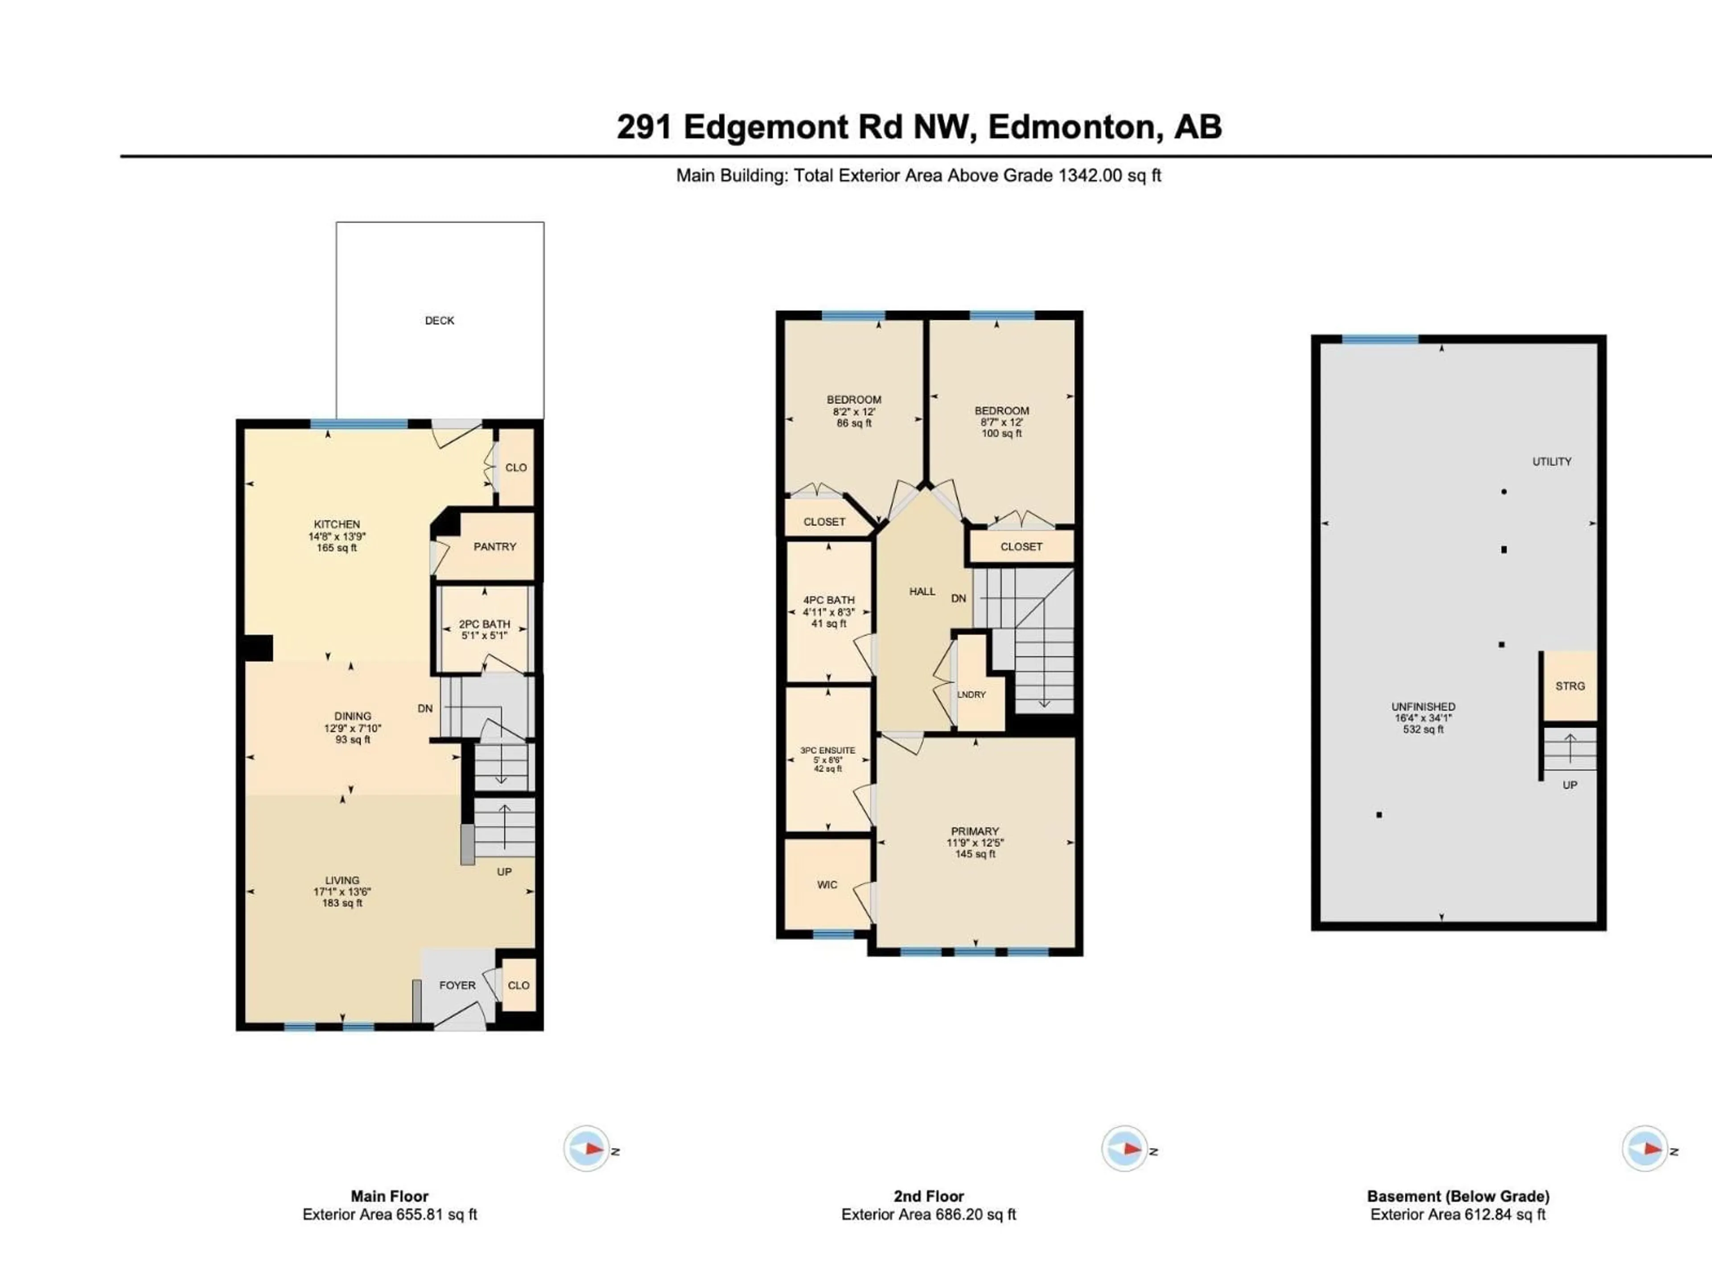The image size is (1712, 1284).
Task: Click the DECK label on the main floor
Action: (439, 321)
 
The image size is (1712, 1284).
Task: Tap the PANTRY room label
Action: (494, 547)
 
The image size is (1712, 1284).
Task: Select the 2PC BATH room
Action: (485, 629)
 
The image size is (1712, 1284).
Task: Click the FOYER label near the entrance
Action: (457, 985)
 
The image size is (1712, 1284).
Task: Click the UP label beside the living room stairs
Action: (504, 872)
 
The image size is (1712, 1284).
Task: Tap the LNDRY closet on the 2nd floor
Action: (971, 694)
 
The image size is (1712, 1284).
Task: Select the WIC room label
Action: (827, 885)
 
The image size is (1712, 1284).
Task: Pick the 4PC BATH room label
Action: (828, 600)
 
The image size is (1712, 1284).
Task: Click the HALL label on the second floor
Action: (922, 591)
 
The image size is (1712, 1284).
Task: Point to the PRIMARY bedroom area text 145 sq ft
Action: (975, 855)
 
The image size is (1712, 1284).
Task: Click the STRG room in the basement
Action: (1570, 686)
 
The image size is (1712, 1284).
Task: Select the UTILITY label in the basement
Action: (1552, 461)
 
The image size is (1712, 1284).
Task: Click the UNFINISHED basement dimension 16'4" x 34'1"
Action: (1423, 718)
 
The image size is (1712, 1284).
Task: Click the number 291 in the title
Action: (644, 128)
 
